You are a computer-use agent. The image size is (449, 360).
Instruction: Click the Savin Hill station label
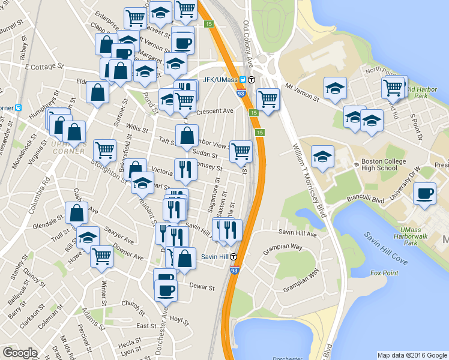coord(214,257)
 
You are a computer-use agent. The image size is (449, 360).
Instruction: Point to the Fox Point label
coord(384,273)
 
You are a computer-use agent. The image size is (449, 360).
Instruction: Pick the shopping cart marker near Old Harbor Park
coord(394,88)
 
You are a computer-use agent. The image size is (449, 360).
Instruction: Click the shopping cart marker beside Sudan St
coord(241,151)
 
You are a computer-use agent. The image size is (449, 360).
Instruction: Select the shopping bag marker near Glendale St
coord(77,212)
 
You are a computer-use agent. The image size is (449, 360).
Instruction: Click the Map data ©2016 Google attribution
coord(412,355)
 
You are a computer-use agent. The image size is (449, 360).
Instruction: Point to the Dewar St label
coord(202,287)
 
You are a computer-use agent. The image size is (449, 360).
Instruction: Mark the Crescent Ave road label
coord(216,111)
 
